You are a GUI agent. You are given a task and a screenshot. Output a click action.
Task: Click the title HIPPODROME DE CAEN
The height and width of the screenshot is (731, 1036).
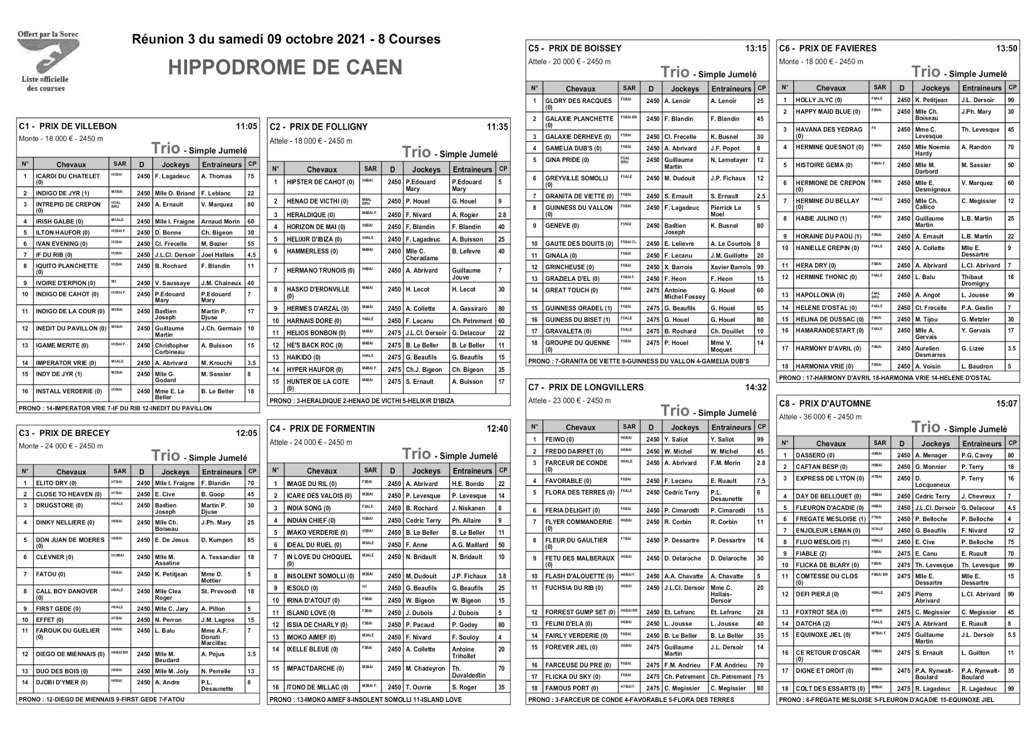pos(285,67)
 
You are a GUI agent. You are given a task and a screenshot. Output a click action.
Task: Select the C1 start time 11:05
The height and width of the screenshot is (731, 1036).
pos(246,126)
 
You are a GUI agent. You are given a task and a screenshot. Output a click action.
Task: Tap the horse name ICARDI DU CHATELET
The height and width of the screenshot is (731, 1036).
pos(68,177)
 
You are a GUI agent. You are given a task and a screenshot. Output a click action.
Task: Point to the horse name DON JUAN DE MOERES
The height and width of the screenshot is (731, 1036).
pos(70,540)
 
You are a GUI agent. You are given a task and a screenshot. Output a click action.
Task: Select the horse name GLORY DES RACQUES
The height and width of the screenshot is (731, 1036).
pos(578,101)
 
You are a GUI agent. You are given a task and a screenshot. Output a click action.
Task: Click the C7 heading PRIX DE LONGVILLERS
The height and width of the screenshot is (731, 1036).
pos(596,387)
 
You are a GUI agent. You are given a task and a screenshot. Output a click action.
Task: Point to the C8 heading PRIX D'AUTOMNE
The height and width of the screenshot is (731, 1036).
pos(835,404)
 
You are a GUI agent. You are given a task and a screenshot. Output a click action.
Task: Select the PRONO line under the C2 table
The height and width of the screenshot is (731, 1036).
pos(361,401)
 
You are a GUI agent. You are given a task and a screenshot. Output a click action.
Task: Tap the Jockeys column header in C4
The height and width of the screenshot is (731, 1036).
pos(426,471)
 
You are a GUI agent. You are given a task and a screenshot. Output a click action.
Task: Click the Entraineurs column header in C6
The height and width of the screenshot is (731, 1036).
pos(981,88)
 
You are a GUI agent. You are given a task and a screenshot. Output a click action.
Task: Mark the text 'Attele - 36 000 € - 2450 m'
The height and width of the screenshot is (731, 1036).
pos(820,417)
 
